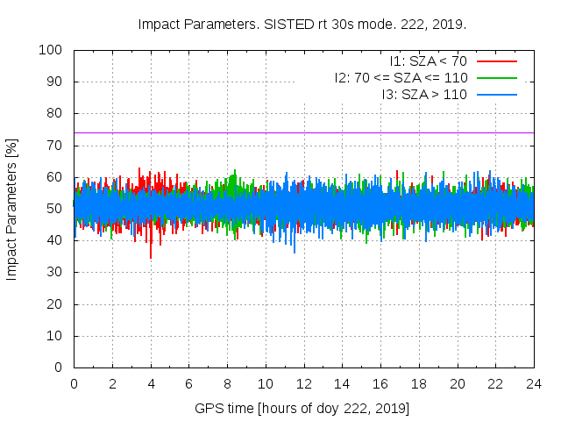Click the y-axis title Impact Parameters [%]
click(x=12, y=209)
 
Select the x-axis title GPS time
click(x=302, y=409)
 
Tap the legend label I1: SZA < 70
click(x=428, y=61)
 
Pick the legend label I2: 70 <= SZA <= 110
click(x=401, y=77)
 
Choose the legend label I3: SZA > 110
click(x=424, y=94)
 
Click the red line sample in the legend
click(x=496, y=61)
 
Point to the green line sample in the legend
click(x=496, y=77)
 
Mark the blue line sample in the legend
click(x=496, y=94)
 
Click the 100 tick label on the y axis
click(x=51, y=50)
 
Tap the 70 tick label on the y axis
click(x=54, y=146)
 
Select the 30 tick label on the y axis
click(x=54, y=273)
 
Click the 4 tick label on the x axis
click(x=151, y=384)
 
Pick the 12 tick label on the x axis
click(x=304, y=384)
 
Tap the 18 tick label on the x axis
click(x=419, y=384)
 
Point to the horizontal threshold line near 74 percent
click(x=351, y=132)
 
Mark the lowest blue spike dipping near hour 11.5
click(x=295, y=252)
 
